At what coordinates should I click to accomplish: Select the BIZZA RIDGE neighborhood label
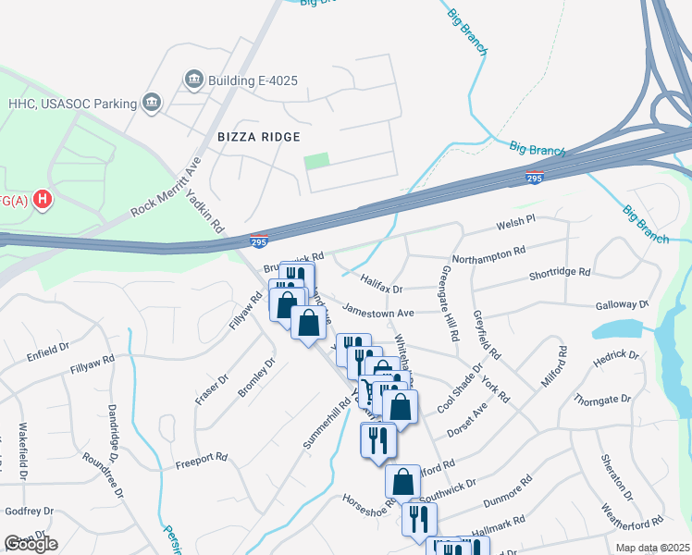258,137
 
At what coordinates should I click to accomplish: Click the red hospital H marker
41,198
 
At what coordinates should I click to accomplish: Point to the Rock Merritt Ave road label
167,185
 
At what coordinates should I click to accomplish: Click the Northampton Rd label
488,251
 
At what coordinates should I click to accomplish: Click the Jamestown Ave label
377,311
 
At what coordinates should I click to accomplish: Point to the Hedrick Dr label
617,355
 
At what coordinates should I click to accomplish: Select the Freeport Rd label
202,457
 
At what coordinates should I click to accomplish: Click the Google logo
31,544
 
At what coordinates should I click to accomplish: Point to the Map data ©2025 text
652,548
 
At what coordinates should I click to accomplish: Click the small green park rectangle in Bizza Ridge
316,160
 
